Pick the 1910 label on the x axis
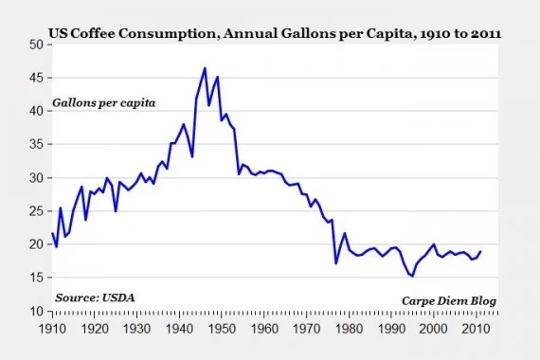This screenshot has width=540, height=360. point(52,327)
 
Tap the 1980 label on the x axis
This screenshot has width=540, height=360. point(349,327)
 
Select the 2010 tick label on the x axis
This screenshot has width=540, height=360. point(476,327)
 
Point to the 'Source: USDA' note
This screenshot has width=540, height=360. point(95,297)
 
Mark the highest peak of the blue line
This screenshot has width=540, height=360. point(205,68)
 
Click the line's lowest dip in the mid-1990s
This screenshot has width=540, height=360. point(412,276)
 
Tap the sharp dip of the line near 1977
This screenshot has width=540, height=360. point(335,263)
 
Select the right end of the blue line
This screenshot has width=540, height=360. point(480,252)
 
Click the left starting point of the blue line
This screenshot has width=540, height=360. point(52,233)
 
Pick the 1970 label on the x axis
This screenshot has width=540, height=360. point(306,327)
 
